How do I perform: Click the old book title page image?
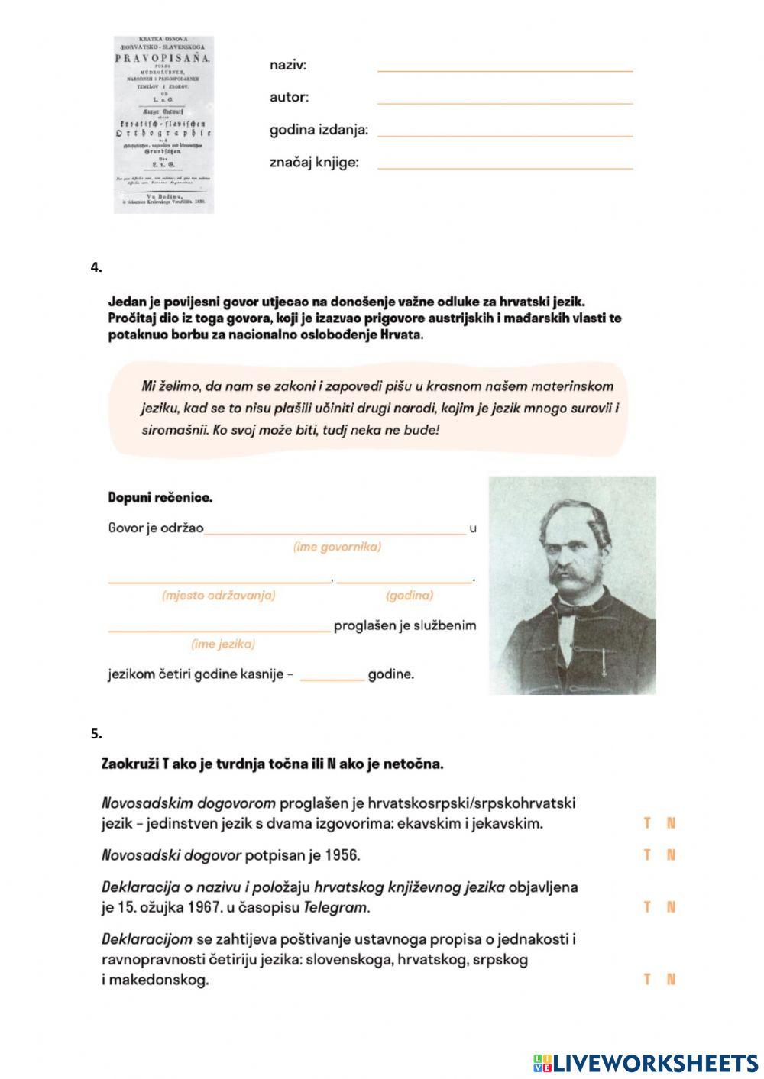pyautogui.click(x=163, y=124)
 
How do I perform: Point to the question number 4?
pyautogui.click(x=95, y=267)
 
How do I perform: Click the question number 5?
pyautogui.click(x=95, y=734)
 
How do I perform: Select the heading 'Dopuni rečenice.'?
pyautogui.click(x=160, y=498)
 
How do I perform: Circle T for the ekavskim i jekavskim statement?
pyautogui.click(x=647, y=823)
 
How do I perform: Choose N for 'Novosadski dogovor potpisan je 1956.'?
pyautogui.click(x=672, y=855)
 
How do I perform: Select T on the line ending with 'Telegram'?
pyautogui.click(x=647, y=907)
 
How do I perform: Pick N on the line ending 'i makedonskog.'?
pyautogui.click(x=672, y=979)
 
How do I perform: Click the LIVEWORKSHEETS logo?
pyautogui.click(x=645, y=1062)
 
